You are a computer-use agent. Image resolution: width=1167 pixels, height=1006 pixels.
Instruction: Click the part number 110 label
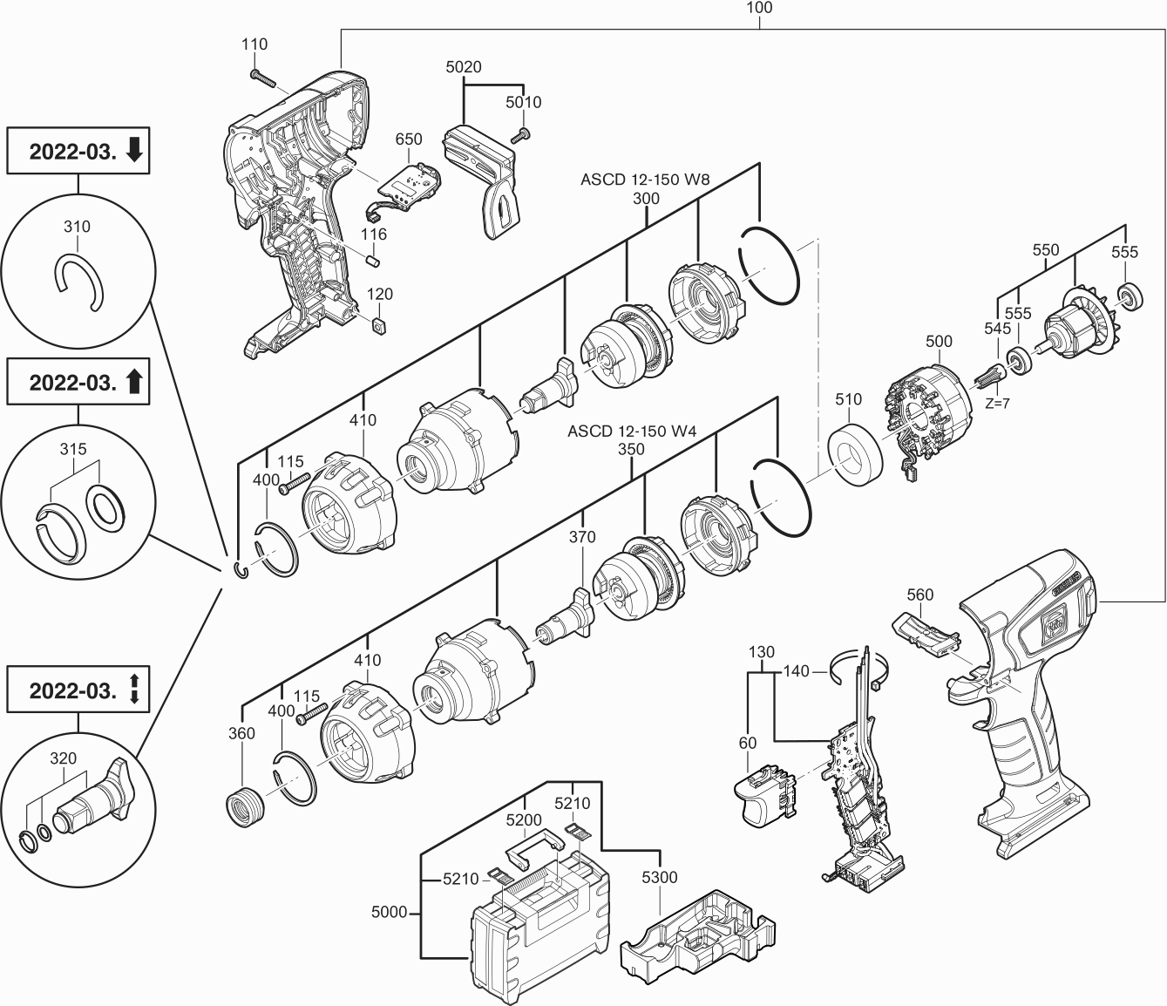(255, 44)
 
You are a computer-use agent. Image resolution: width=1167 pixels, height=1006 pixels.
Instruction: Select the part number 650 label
(408, 139)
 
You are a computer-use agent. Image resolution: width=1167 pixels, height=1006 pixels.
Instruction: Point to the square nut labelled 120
(377, 324)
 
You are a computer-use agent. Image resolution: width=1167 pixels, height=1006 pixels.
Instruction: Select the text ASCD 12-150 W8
(645, 180)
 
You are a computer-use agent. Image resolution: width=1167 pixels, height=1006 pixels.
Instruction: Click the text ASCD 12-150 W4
(631, 431)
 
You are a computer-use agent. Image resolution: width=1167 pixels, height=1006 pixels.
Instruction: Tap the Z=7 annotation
(997, 404)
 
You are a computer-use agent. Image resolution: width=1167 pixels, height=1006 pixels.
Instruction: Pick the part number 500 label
(939, 341)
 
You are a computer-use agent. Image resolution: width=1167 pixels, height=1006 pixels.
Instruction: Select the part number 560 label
(919, 595)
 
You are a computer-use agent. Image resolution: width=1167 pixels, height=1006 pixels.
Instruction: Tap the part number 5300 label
(658, 877)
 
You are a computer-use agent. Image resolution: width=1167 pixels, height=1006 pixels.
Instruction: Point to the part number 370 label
(581, 537)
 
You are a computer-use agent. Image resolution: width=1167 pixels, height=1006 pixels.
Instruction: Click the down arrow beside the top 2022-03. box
(134, 150)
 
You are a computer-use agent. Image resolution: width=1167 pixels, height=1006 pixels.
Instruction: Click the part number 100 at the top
(759, 8)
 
